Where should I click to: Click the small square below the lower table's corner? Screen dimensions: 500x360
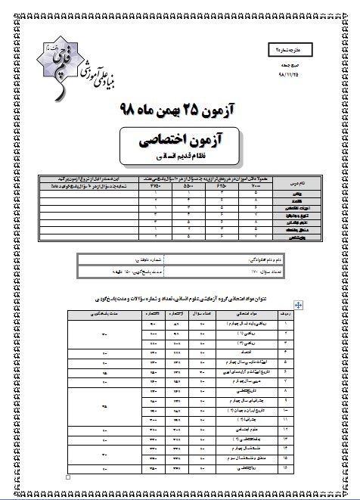point(69,478)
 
